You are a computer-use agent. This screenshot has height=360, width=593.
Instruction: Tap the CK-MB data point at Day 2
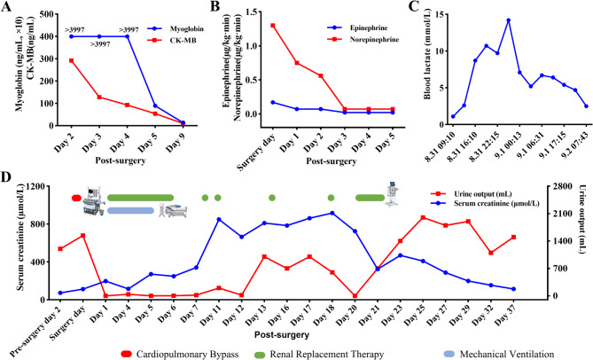point(71,60)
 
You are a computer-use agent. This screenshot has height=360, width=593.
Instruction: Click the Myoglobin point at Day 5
point(155,106)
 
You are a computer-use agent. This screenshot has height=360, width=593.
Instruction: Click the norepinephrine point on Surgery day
point(273,26)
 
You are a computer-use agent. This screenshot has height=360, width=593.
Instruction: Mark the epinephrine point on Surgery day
point(273,102)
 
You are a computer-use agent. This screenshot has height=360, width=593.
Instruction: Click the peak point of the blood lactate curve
point(508,20)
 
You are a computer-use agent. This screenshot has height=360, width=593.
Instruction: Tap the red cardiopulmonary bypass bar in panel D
point(76,198)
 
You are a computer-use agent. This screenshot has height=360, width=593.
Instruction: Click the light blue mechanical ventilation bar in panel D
point(130,211)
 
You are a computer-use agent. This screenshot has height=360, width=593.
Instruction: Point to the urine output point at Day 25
point(423,217)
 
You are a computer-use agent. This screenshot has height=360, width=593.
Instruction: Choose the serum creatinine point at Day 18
point(332,214)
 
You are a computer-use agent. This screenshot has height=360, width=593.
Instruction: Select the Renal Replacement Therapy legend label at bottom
point(327,355)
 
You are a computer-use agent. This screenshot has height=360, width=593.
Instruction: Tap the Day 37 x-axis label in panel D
point(508,311)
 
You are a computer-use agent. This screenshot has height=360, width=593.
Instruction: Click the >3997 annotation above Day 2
point(74,29)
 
